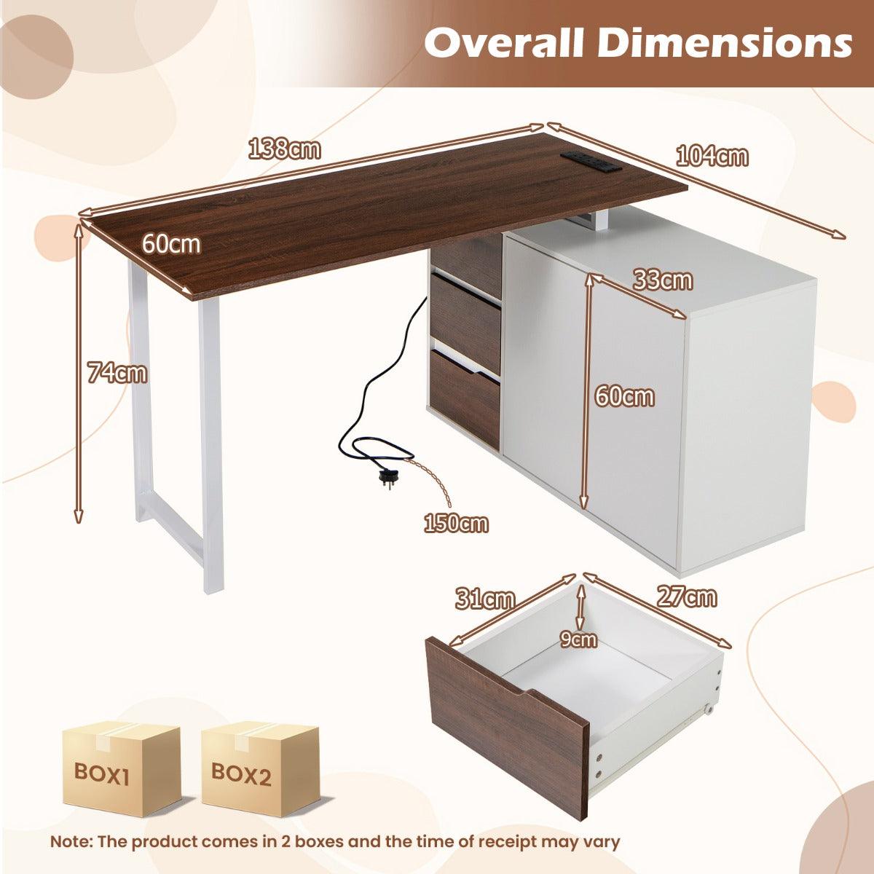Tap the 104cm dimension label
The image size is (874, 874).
pos(712,157)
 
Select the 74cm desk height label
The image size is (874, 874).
pos(117,373)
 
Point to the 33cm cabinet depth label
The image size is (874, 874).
pos(663,280)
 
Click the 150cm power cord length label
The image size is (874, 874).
pos(456,524)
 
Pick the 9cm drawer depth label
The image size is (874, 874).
pos(578,639)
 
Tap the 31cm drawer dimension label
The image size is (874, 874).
pos(485,599)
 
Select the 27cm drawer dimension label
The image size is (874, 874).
pos(687,597)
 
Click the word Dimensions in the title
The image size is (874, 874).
pos(724,44)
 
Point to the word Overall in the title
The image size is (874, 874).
pos(504,44)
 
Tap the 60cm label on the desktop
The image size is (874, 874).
pos(171,243)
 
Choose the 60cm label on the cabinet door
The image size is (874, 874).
pos(624,397)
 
